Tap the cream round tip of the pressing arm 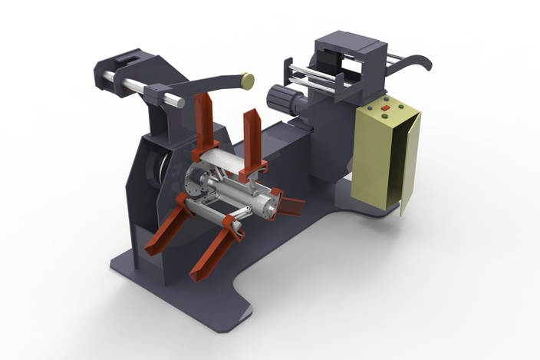(248, 78)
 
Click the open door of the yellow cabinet (409, 164)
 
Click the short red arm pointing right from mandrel (291, 205)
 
